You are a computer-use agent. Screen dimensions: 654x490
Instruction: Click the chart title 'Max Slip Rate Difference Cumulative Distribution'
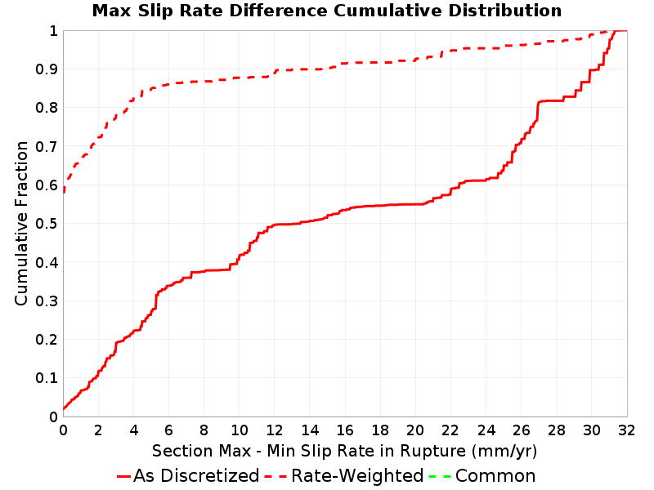327,11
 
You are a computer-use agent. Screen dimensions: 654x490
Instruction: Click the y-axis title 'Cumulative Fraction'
21,223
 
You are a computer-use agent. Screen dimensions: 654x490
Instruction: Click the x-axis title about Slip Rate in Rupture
344,451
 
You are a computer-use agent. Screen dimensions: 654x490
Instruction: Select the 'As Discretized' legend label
196,475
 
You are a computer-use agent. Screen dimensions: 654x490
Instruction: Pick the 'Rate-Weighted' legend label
357,475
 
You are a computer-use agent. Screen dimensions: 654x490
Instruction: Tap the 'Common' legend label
495,475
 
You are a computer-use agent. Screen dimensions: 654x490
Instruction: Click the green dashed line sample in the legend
440,476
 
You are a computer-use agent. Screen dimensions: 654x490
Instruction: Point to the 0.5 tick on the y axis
47,224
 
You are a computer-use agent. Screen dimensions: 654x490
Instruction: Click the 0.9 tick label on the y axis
47,69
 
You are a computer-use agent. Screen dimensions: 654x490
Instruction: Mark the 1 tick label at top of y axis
53,31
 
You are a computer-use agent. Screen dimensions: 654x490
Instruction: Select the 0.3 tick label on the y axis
47,301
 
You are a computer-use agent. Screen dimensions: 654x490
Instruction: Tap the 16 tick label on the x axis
345,430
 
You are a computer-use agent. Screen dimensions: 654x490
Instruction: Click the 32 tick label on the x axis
626,430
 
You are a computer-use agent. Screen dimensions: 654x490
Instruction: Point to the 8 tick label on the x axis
204,430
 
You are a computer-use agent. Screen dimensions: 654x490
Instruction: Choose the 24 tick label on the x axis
486,430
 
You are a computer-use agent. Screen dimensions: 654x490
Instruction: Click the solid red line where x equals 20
415,204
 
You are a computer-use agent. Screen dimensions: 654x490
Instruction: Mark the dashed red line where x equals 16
345,64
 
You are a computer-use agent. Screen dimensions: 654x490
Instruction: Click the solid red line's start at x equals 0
64,409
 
